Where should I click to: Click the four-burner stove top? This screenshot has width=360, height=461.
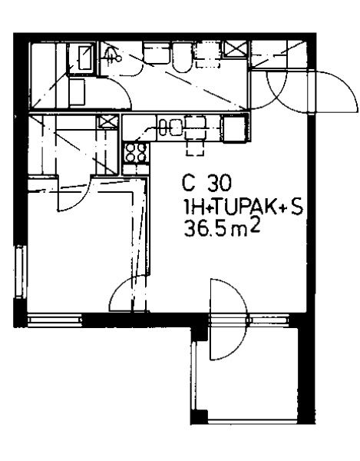coord(135,153)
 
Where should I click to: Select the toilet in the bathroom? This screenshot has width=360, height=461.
coord(182,58)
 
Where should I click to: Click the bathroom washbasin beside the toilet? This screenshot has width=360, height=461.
coord(157,53)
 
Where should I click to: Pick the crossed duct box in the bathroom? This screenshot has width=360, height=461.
coord(235,49)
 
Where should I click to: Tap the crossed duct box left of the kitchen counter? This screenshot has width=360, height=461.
coord(107,121)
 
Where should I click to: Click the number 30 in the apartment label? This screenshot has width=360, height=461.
coord(220,183)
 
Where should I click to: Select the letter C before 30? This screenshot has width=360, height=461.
coord(188,183)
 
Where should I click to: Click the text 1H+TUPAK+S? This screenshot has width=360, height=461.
coord(243,207)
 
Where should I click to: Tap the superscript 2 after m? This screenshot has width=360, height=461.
coord(256,227)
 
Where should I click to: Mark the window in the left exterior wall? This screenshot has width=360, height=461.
coord(21,272)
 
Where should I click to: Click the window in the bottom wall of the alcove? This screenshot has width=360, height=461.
coord(54,320)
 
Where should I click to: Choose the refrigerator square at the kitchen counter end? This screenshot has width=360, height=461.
coord(234,128)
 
